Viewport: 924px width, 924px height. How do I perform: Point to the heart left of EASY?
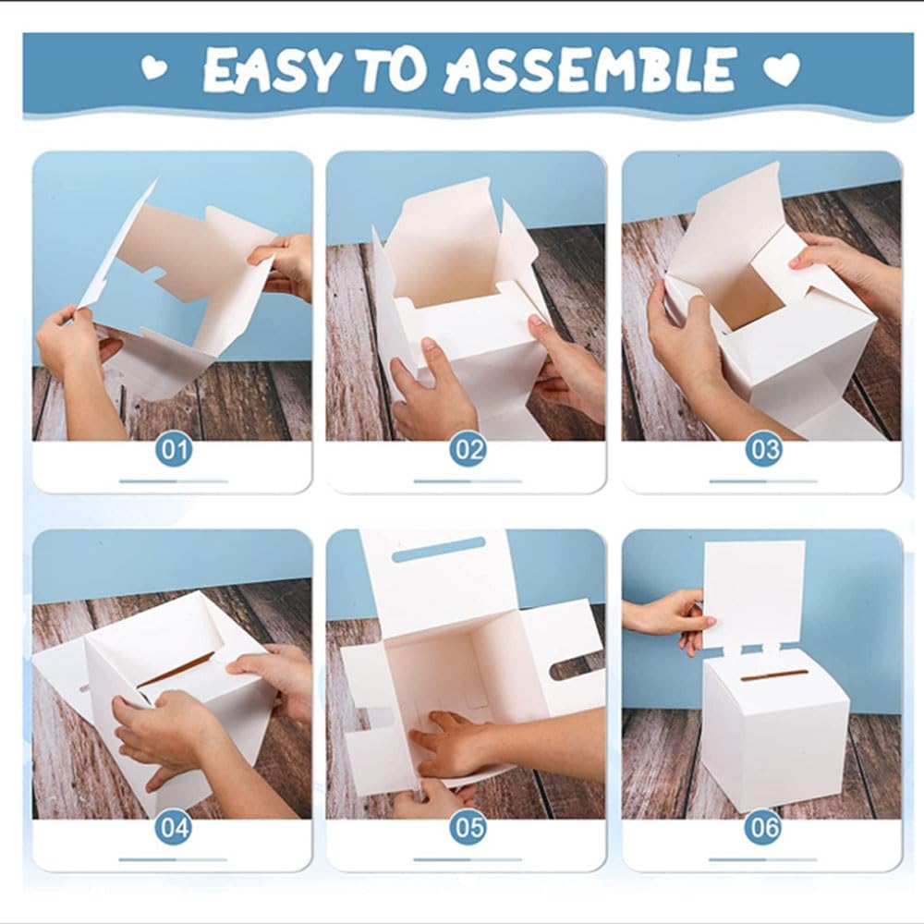coord(154,67)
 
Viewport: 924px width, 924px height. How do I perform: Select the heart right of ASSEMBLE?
coord(782,69)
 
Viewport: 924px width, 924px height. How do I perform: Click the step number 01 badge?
coord(174,450)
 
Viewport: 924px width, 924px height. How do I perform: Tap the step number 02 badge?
coord(468,450)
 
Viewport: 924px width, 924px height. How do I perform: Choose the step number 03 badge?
coord(764,450)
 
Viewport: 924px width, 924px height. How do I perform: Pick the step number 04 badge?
coord(174,828)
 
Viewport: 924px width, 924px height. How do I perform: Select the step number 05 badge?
coord(468,828)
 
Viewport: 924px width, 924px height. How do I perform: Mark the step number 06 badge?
coord(764,828)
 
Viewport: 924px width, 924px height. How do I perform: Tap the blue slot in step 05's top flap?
coord(438,549)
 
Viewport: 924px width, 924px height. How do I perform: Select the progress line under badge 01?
coord(174,481)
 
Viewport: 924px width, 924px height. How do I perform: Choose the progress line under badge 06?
coord(764,859)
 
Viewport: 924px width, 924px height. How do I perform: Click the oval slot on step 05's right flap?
coord(577,667)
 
